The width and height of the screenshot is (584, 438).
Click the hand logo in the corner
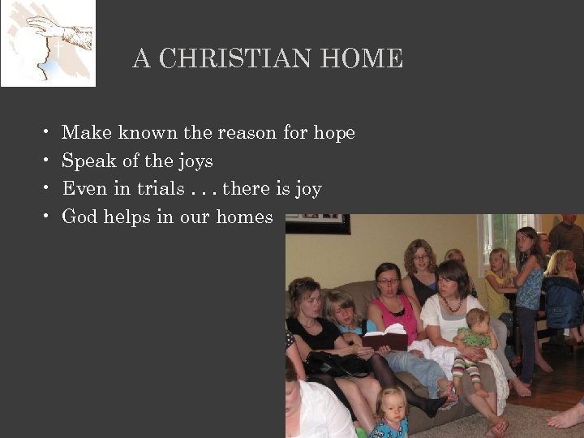point(47,43)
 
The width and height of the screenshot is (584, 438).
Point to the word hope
point(334,133)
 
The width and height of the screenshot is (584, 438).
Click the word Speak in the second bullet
point(89,161)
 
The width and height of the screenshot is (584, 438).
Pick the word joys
point(194,161)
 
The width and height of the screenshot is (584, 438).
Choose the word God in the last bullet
point(78,217)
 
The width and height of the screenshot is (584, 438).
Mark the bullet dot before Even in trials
point(47,188)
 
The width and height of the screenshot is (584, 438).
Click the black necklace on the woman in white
point(451,305)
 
